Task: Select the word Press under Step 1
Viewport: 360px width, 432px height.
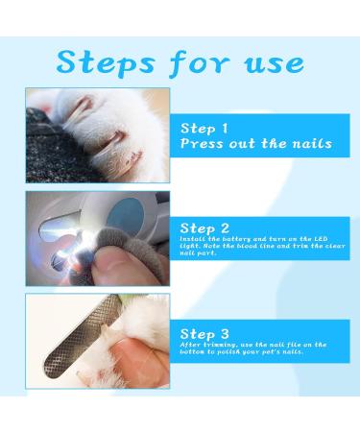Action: tap(204, 144)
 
